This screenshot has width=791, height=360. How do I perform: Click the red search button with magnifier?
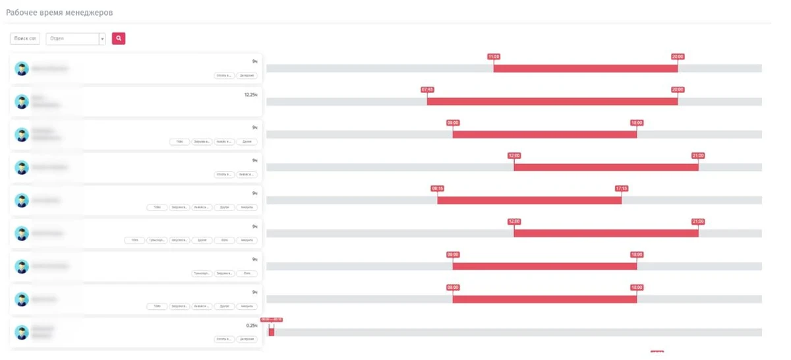119,39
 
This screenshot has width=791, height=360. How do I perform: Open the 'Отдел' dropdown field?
76,39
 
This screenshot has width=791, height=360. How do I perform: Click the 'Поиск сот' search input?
25,39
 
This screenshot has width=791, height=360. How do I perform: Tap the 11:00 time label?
494,57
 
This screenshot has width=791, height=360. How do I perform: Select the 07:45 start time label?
427,90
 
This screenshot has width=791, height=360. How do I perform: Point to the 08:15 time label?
438,189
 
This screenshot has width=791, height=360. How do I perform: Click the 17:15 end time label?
622,189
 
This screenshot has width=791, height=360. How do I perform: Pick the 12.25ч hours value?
250,95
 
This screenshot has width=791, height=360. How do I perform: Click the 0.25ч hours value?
251,326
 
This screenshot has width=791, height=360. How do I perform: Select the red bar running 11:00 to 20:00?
585,69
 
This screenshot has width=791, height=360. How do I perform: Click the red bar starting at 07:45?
552,102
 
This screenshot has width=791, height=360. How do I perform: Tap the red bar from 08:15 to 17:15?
529,200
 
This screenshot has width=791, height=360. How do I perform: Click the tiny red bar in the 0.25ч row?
272,332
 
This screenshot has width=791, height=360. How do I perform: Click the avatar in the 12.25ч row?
22,102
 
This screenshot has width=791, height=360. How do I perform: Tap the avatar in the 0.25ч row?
22,332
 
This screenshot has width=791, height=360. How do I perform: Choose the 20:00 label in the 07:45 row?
678,90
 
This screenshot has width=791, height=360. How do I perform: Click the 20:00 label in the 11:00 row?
678,57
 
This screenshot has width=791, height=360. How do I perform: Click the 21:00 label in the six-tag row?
698,222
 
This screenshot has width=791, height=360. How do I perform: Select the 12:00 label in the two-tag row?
514,156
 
